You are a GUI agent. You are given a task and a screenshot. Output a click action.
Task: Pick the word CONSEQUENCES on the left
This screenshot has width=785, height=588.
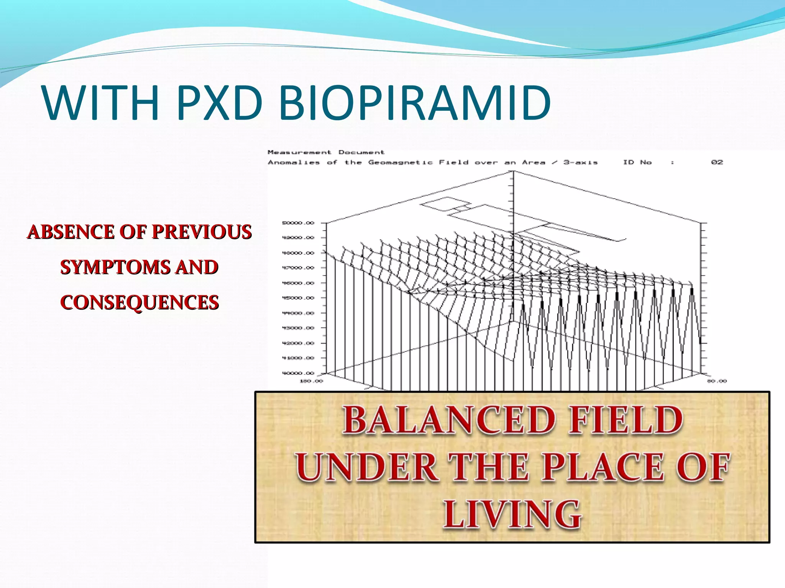pyautogui.click(x=140, y=302)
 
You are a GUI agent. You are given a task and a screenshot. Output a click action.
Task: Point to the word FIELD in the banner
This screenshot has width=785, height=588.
pyautogui.click(x=625, y=420)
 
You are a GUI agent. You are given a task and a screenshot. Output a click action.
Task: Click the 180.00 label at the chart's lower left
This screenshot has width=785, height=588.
pyautogui.click(x=311, y=381)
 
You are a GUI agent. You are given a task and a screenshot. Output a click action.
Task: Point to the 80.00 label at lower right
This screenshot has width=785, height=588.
pyautogui.click(x=716, y=381)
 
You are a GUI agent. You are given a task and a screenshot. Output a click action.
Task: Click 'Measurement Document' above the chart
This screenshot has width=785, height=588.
pyautogui.click(x=326, y=152)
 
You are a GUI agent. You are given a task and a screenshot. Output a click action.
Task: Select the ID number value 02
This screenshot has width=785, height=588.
pyautogui.click(x=717, y=162)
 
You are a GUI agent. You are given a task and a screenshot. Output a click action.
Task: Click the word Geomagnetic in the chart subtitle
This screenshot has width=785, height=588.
pyautogui.click(x=400, y=162)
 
